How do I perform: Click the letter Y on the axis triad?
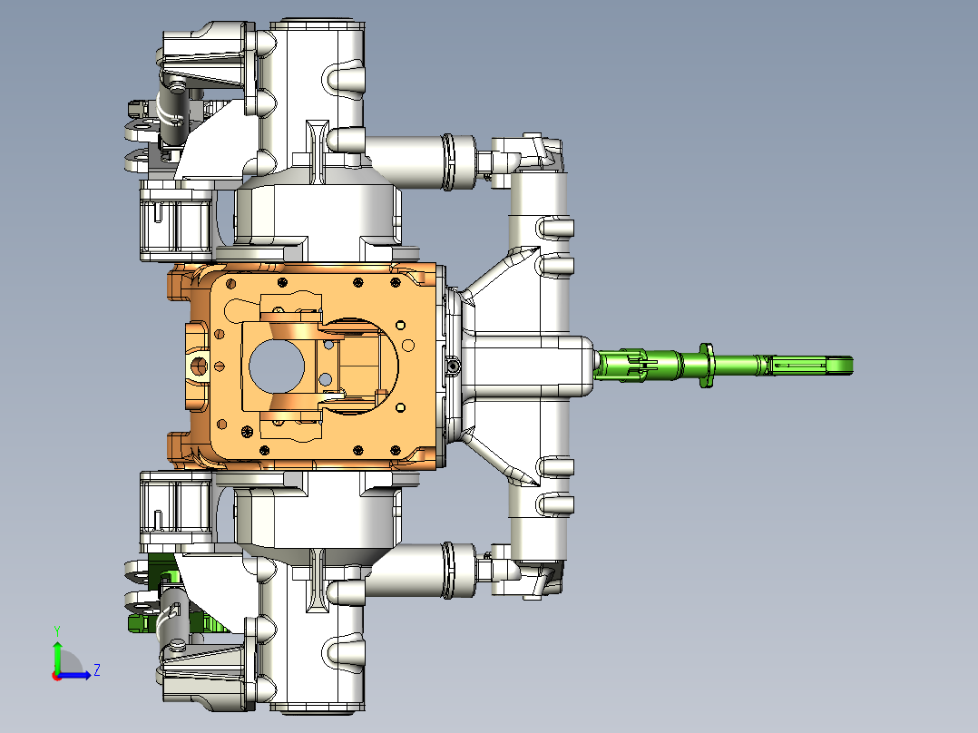pyautogui.click(x=57, y=630)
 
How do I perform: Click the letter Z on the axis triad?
pyautogui.click(x=97, y=670)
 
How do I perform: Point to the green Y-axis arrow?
pyautogui.click(x=57, y=656)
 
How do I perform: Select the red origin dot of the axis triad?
pyautogui.click(x=57, y=676)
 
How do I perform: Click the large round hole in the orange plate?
pyautogui.click(x=277, y=366)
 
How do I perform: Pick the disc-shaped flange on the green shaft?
pyautogui.click(x=706, y=365)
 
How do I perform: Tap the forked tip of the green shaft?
pyautogui.click(x=839, y=366)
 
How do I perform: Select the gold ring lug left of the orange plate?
pyautogui.click(x=199, y=366)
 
